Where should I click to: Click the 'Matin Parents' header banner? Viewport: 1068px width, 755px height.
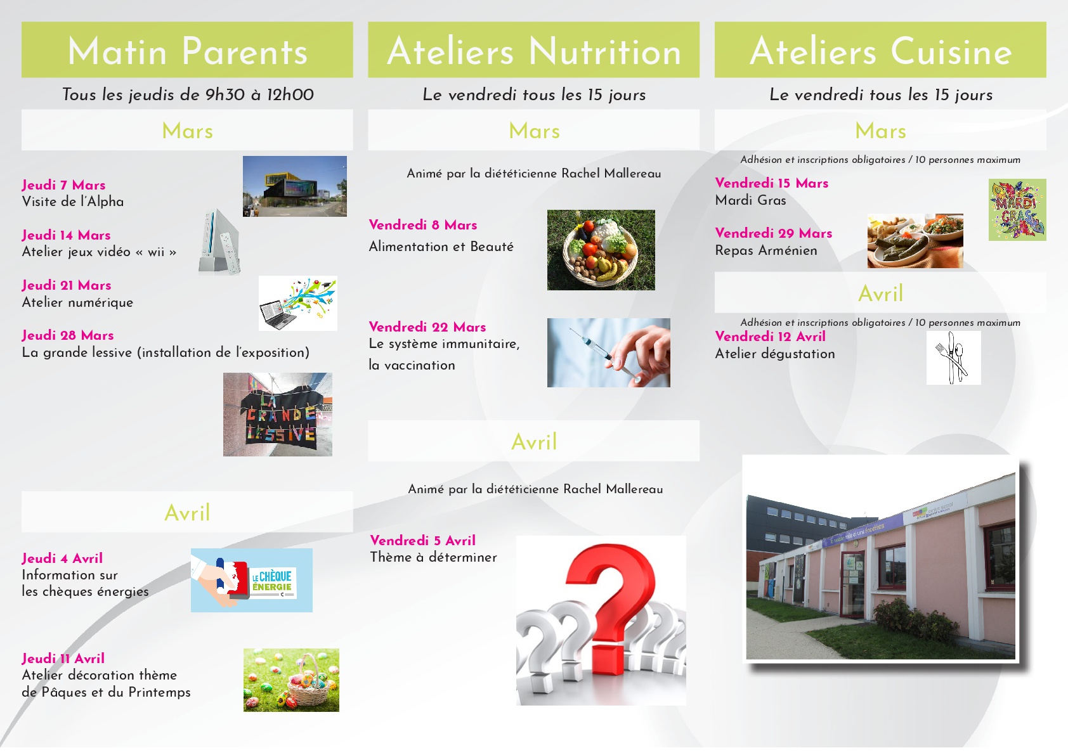pyautogui.click(x=187, y=49)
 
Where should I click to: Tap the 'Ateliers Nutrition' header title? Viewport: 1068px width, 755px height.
pyautogui.click(x=534, y=51)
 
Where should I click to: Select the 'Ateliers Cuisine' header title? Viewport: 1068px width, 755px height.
pyautogui.click(x=881, y=51)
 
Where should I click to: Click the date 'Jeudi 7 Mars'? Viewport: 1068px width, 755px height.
pyautogui.click(x=63, y=185)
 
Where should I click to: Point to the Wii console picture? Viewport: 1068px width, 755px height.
pyautogui.click(x=219, y=241)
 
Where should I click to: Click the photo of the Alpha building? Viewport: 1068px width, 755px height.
pyautogui.click(x=295, y=186)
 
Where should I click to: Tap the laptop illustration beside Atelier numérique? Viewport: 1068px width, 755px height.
pyautogui.click(x=298, y=304)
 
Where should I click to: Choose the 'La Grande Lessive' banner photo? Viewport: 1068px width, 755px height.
pyautogui.click(x=278, y=415)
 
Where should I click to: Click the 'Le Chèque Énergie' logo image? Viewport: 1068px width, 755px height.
pyautogui.click(x=252, y=580)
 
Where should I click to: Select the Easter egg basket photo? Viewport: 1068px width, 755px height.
pyautogui.click(x=291, y=680)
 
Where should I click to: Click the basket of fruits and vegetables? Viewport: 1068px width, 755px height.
pyautogui.click(x=601, y=250)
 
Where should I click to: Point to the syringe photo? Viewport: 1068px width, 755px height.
pyautogui.click(x=608, y=352)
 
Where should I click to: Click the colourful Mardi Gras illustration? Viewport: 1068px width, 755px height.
pyautogui.click(x=1017, y=210)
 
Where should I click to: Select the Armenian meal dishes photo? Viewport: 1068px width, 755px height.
pyautogui.click(x=915, y=241)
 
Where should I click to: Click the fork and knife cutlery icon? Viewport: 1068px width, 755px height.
pyautogui.click(x=954, y=358)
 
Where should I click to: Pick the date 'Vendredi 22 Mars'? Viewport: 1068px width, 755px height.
pyautogui.click(x=427, y=327)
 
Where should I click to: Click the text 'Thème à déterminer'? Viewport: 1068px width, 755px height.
pyautogui.click(x=433, y=557)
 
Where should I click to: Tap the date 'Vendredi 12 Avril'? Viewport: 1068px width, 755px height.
pyautogui.click(x=770, y=337)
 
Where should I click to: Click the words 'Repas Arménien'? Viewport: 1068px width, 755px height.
pyautogui.click(x=765, y=250)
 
